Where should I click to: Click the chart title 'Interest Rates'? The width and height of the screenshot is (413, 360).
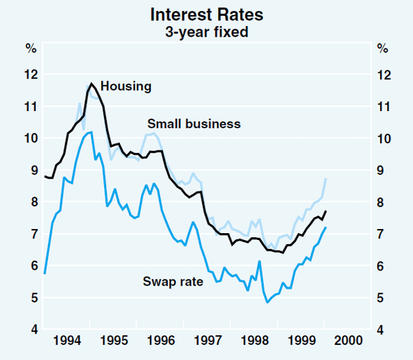(206, 14)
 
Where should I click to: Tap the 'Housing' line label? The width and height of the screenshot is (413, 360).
(126, 86)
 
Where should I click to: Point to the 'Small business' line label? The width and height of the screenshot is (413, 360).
(194, 124)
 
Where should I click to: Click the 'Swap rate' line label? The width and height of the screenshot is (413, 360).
(173, 281)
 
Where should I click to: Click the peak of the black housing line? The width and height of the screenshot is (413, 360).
(91, 83)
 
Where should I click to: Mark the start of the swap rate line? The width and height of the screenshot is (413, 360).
(45, 274)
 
